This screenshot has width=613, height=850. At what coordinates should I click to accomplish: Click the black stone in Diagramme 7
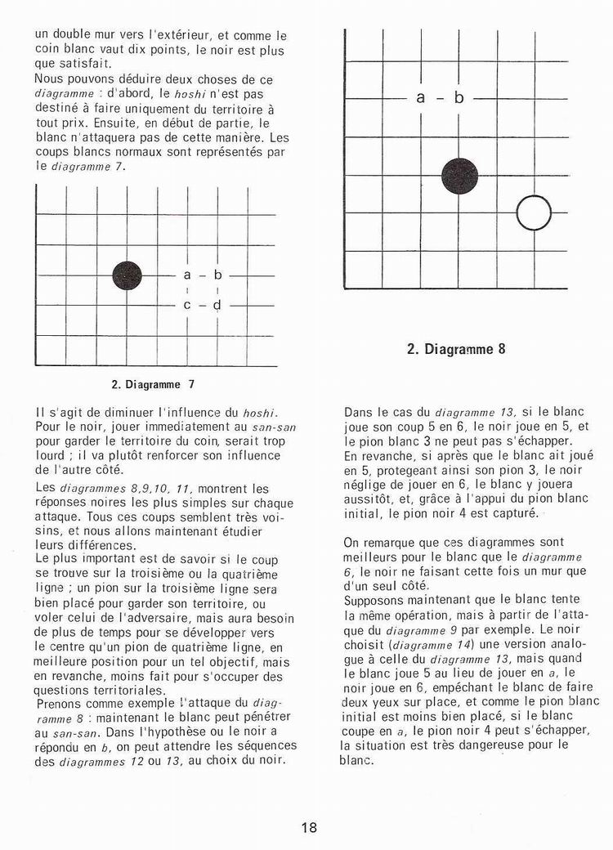pos(127,275)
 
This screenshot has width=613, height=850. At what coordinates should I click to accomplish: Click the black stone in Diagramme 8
pos(459,176)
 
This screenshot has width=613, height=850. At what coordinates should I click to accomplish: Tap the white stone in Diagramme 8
pos(534,212)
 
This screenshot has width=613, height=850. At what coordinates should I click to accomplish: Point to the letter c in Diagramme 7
pos(187,305)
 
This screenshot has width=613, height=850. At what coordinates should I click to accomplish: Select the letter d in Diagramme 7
pos(217,305)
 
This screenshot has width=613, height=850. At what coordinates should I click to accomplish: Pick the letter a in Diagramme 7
pos(187,275)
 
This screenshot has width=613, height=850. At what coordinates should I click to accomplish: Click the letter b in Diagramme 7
pos(217,275)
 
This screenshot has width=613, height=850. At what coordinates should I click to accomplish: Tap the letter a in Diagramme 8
pos(421,98)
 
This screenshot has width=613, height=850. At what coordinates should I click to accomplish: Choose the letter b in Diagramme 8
pos(459,98)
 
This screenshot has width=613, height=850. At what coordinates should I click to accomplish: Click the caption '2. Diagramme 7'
pos(153,382)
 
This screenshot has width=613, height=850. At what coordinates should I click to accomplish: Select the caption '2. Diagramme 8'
pos(455,349)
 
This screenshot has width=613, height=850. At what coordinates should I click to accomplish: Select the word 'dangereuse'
pos(469,745)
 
